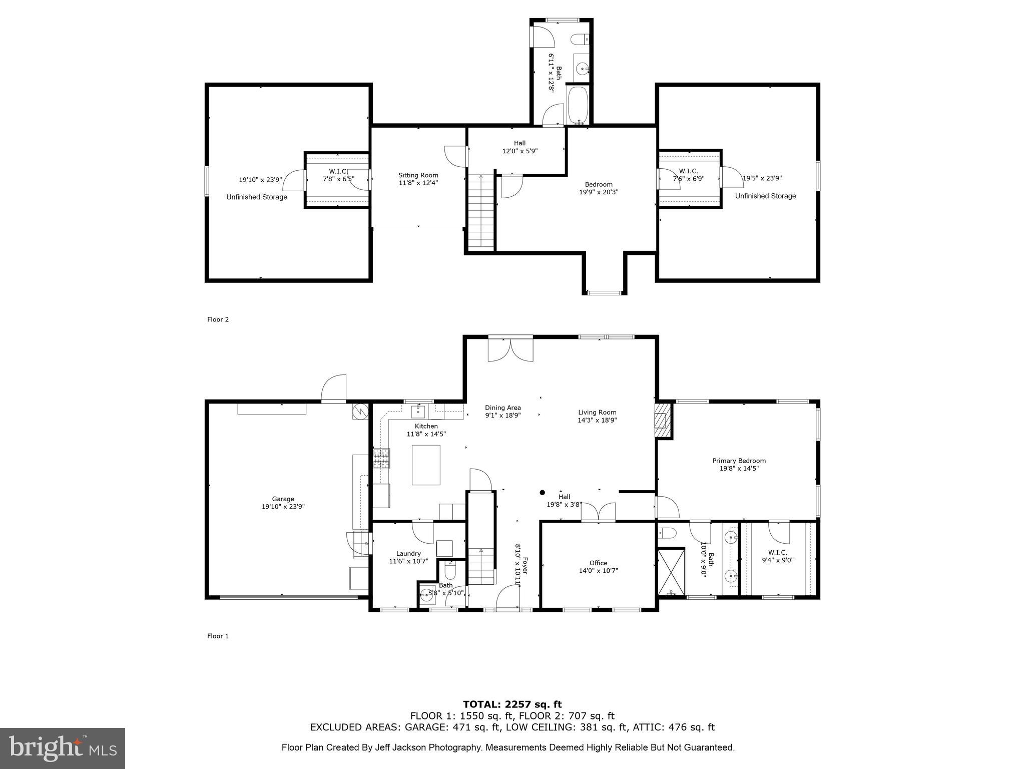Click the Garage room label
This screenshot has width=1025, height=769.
[283, 499]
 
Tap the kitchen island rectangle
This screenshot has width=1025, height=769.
[426, 465]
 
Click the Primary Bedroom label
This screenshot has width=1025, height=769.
[739, 461]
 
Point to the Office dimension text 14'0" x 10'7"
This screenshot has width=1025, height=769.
[598, 570]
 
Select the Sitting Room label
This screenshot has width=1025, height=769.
[418, 175]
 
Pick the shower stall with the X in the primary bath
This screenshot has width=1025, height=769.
[671, 572]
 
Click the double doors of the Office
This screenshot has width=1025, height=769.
[598, 512]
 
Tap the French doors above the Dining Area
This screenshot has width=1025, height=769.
[510, 349]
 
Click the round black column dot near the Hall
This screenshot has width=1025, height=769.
[542, 493]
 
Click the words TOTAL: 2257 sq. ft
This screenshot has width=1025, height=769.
[512, 704]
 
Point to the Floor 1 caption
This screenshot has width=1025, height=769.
[218, 636]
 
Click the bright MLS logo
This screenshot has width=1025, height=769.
[63, 747]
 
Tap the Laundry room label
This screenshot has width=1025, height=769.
[408, 553]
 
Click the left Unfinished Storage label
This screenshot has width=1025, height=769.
[257, 197]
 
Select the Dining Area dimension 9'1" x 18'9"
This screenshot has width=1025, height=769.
[502, 415]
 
